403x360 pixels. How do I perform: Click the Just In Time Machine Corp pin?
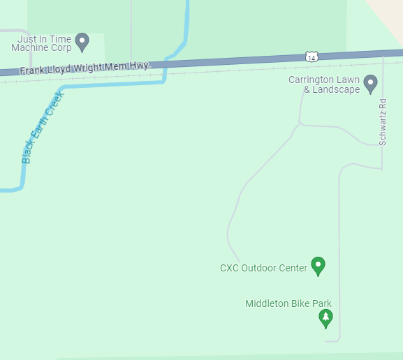tap(82, 42)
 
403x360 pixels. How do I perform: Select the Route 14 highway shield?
tap(312, 56)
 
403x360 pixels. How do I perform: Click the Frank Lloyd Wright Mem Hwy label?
tap(84, 68)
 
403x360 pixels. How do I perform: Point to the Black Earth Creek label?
tap(42, 126)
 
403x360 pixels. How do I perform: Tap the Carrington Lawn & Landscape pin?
tap(371, 84)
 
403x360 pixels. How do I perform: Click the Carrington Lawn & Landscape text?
tap(324, 84)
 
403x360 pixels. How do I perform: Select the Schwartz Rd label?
tap(383, 122)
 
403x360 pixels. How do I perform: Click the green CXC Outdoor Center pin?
tap(318, 265)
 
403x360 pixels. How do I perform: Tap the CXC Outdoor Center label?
tap(263, 268)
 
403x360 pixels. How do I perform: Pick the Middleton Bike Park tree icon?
tap(325, 318)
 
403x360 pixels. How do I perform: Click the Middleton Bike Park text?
tap(288, 303)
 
